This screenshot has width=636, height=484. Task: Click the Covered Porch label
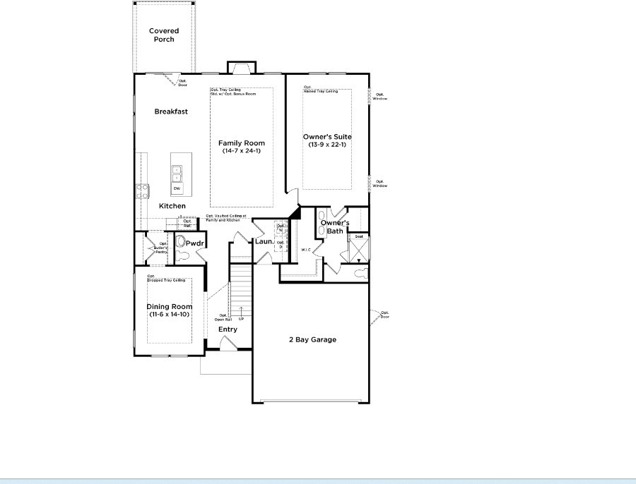tap(164, 35)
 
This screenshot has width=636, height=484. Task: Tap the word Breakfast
tap(171, 111)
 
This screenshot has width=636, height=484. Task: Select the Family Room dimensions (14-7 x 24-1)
tap(242, 151)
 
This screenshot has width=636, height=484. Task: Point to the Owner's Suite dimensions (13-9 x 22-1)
tap(327, 145)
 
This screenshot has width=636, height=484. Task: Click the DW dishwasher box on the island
tap(176, 188)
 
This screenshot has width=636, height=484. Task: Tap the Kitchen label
tap(172, 206)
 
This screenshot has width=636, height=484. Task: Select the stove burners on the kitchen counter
tap(141, 190)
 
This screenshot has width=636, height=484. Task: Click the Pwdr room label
tap(194, 243)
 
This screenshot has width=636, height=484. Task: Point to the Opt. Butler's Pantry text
tap(153, 248)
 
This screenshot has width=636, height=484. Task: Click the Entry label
tap(228, 329)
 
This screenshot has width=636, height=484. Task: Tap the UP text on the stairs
tap(242, 319)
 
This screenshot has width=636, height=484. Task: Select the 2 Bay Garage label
tap(312, 339)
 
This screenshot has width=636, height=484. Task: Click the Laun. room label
tap(264, 242)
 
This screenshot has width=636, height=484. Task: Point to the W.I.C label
tap(306, 250)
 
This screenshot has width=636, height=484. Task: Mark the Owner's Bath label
tap(335, 226)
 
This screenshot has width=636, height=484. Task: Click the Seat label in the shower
tap(359, 236)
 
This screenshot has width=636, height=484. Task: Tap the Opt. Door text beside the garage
tap(384, 315)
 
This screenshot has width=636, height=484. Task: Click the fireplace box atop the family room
tap(239, 68)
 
